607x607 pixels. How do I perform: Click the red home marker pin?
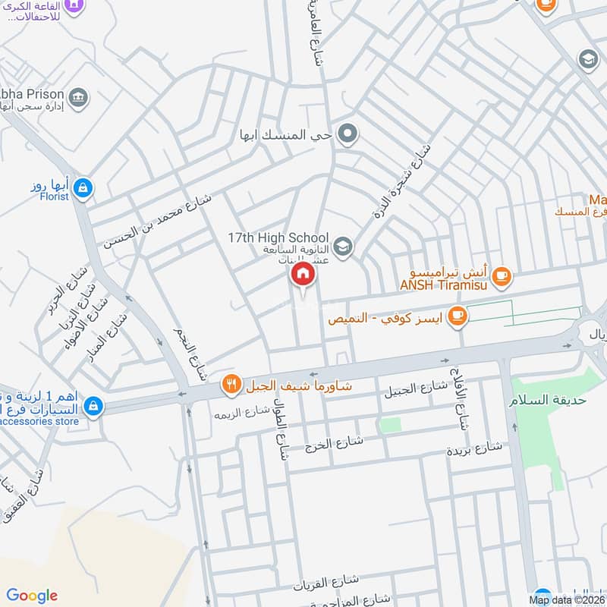tap(302, 274)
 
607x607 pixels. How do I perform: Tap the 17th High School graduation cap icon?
tap(343, 245)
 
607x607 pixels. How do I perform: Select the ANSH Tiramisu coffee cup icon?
tap(501, 277)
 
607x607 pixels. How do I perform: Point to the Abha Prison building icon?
tap(78, 98)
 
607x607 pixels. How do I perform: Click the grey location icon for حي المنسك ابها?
tap(348, 136)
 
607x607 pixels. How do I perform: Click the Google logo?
tap(32, 596)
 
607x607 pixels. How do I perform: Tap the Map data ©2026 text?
tap(566, 600)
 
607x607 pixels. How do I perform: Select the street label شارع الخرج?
tap(333, 442)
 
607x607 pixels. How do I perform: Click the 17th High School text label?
tap(278, 237)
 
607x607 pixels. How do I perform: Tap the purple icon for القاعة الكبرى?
tap(74, 5)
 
